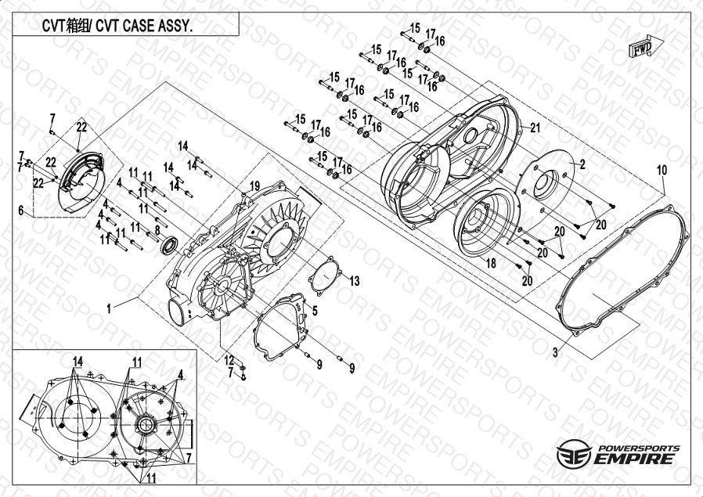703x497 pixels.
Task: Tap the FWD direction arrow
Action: click(x=642, y=49)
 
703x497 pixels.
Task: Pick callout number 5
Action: click(x=315, y=311)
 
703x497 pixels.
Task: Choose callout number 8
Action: click(x=157, y=229)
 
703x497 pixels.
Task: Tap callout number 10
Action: click(x=661, y=169)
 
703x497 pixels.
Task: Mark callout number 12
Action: click(x=229, y=359)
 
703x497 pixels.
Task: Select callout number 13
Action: click(x=354, y=280)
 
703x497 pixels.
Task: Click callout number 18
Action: click(x=491, y=265)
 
